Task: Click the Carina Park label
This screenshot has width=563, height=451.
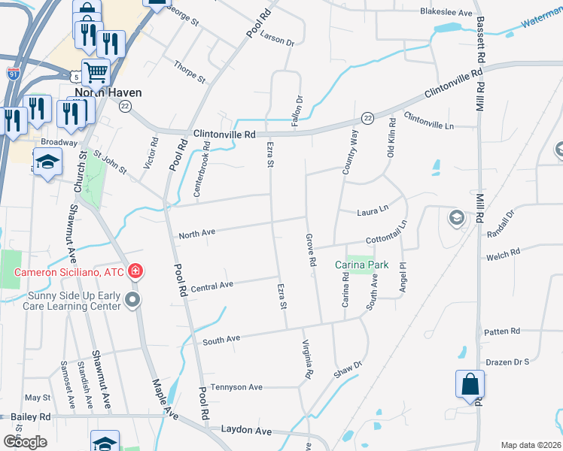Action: click(x=362, y=265)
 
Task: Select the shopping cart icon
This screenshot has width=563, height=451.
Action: click(x=96, y=73)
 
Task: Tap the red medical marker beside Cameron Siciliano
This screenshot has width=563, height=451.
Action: click(x=135, y=271)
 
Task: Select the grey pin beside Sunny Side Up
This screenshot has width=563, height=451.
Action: click(x=133, y=301)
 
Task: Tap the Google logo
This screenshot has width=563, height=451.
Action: click(x=25, y=442)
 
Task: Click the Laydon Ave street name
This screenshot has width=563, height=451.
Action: click(x=245, y=430)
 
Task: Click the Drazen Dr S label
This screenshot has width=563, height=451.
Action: click(x=507, y=362)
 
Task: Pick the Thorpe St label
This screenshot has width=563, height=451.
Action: click(x=189, y=71)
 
